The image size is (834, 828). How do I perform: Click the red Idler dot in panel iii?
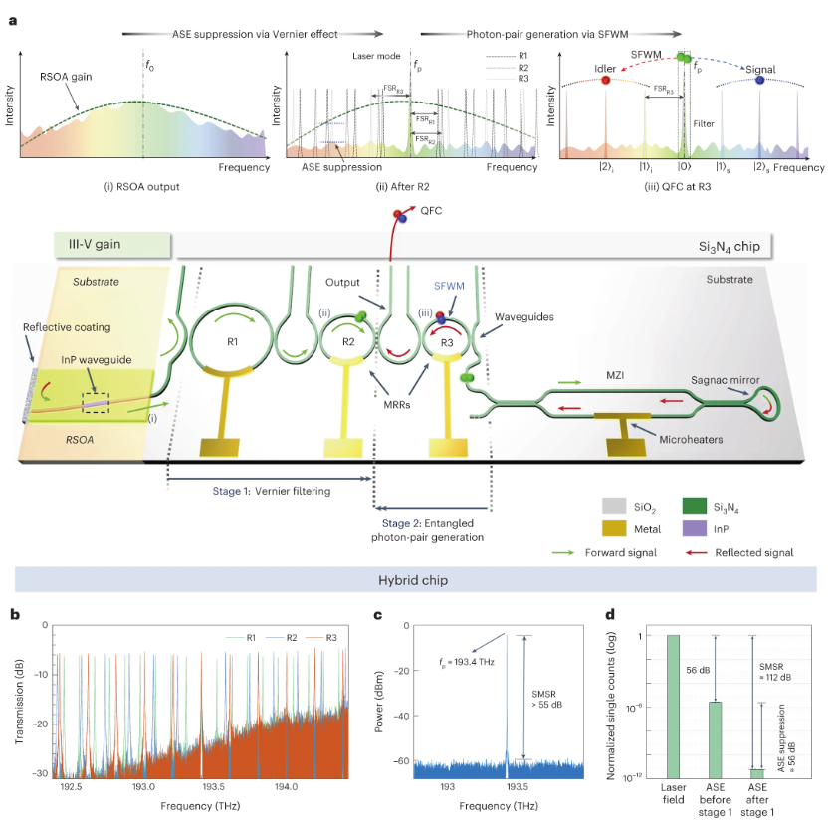(x=605, y=80)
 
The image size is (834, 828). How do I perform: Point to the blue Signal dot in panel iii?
(x=760, y=80)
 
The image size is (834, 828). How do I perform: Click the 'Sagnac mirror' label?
(x=738, y=378)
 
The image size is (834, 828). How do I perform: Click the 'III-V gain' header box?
(x=113, y=244)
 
